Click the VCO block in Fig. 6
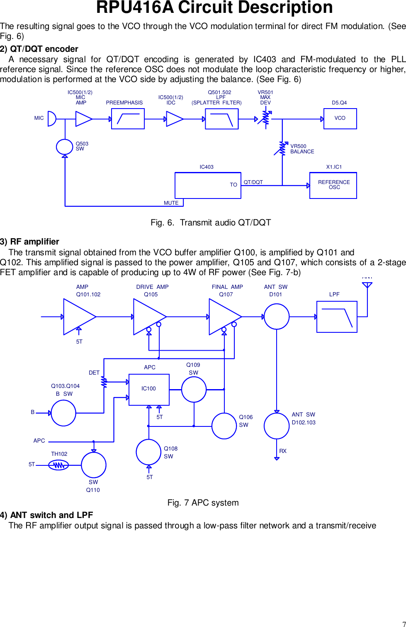[340, 119]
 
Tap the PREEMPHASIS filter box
[128, 119]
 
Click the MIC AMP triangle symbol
[83, 119]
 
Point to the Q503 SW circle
[64, 146]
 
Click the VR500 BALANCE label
[302, 149]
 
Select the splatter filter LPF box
[221, 119]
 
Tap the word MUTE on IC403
[171, 203]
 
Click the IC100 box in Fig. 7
[149, 389]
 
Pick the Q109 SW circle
[194, 390]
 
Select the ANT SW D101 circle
[276, 317]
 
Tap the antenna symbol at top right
[367, 285]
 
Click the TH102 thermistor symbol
[58, 465]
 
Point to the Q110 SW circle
[93, 465]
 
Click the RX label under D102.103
[283, 451]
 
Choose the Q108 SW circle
[148, 452]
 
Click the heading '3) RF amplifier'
[29, 242]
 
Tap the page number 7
[404, 624]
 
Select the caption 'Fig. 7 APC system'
[203, 503]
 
